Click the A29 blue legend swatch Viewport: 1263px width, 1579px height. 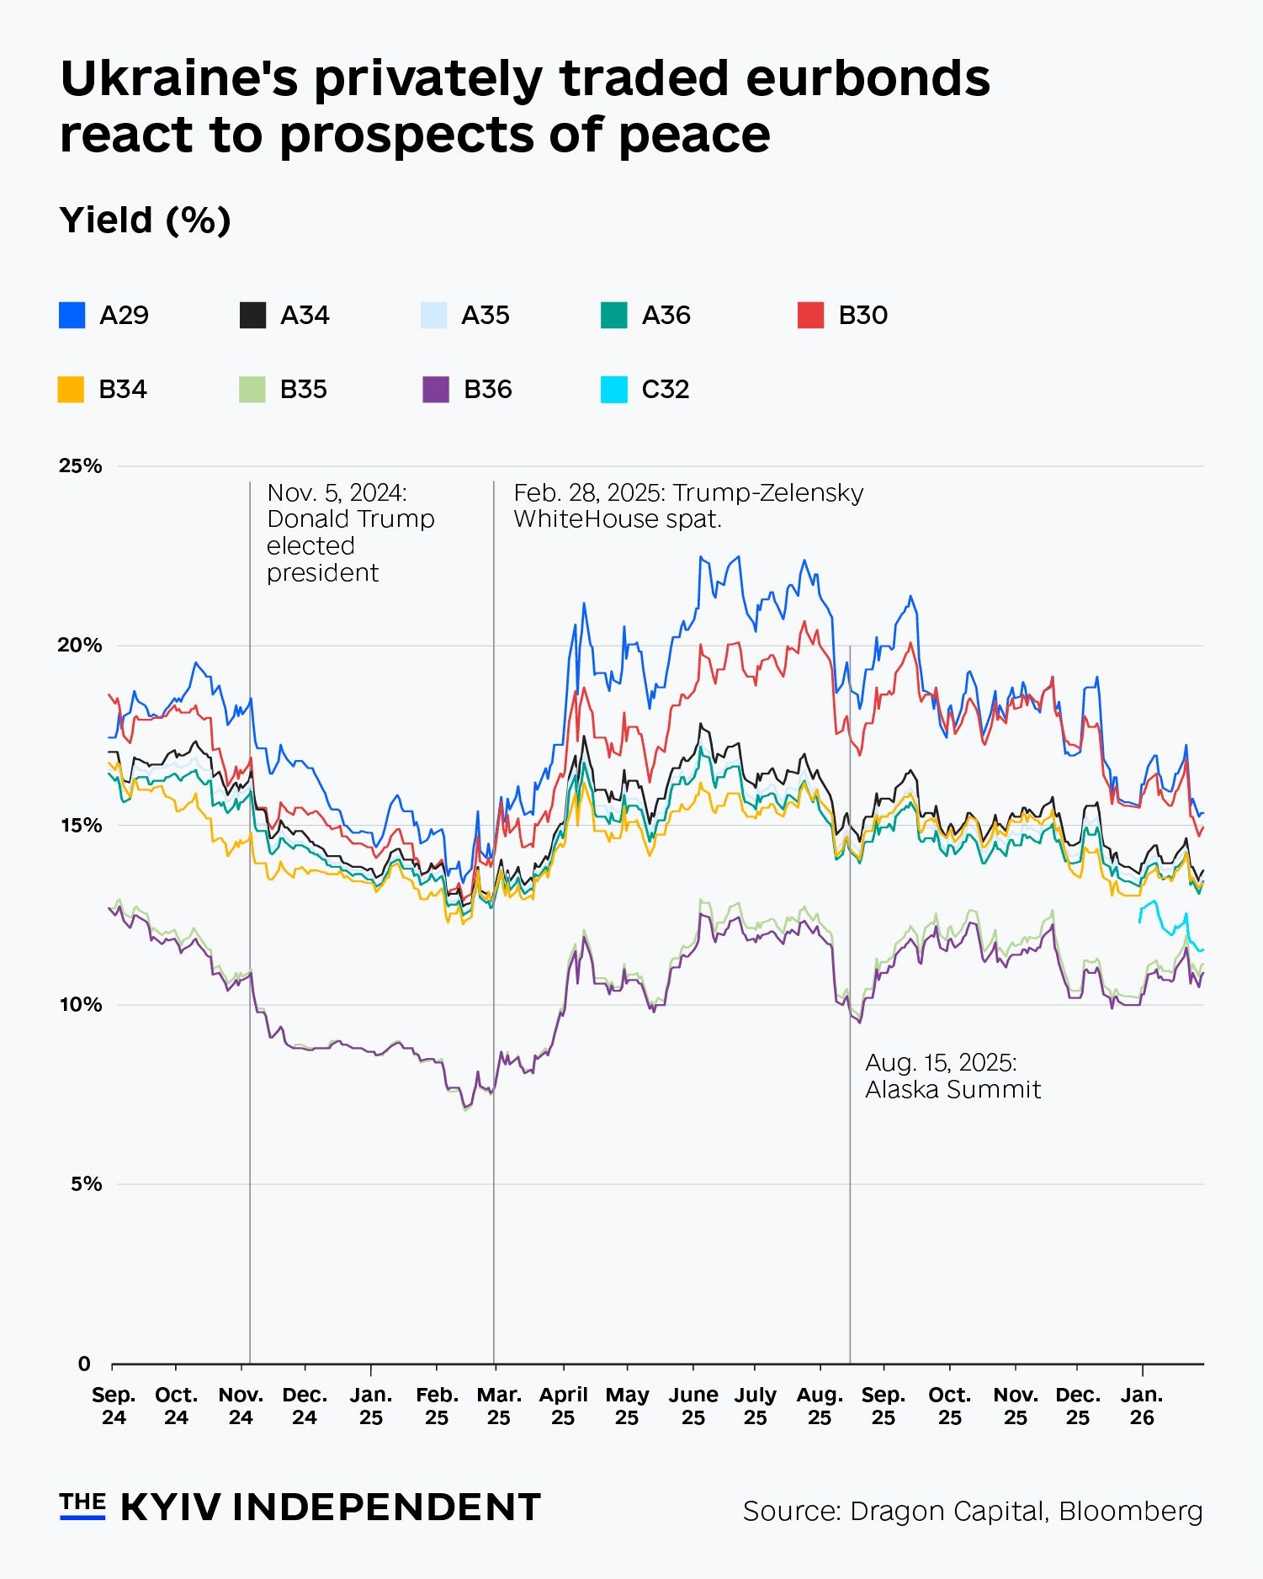tap(72, 315)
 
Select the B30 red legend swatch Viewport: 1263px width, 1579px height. tap(810, 315)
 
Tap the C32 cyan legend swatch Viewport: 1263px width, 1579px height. tap(613, 390)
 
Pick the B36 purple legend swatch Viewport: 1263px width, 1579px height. tap(435, 390)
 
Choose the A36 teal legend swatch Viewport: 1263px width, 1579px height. tap(613, 315)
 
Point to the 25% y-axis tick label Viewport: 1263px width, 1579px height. tap(80, 466)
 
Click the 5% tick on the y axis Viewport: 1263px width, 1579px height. tap(86, 1184)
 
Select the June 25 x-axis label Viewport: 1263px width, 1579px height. tap(693, 1406)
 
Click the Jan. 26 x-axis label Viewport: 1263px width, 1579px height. tap(1141, 1406)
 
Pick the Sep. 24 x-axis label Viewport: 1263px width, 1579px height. tap(114, 1406)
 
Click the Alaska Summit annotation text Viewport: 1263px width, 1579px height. tap(953, 1077)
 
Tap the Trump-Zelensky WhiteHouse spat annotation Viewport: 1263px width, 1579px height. tap(687, 506)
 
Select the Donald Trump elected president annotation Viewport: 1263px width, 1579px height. tap(350, 533)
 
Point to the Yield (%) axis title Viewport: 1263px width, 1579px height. tap(145, 221)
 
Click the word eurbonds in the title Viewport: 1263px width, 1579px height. tap(868, 79)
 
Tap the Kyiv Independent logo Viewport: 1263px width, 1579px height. tap(300, 1507)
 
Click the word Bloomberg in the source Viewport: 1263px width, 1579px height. tap(1130, 1511)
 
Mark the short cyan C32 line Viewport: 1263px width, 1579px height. tap(1165, 926)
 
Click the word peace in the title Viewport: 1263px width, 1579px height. tap(694, 135)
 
